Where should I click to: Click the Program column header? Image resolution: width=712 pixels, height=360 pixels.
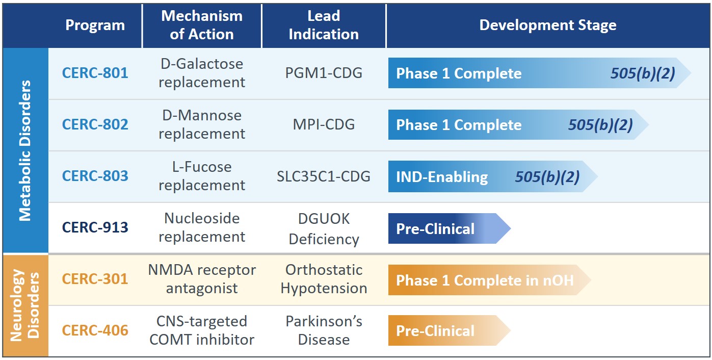point(95,25)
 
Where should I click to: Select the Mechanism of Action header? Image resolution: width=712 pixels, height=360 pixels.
point(202,25)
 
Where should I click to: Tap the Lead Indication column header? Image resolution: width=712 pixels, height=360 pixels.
point(324,25)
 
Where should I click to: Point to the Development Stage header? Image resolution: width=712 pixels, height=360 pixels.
point(548,25)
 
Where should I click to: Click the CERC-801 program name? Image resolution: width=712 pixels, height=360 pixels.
point(95,73)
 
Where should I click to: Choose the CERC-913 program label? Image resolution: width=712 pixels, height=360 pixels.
point(95,228)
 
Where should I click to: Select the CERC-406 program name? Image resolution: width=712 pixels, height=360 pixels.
point(95,330)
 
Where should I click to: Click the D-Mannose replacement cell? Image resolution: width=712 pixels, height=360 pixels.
point(202,124)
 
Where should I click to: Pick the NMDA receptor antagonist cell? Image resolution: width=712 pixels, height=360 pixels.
point(202,279)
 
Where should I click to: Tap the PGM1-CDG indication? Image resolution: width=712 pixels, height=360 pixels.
point(324,73)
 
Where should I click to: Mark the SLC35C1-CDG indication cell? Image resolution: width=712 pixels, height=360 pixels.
point(324,176)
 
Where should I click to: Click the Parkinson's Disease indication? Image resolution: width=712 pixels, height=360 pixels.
point(324,330)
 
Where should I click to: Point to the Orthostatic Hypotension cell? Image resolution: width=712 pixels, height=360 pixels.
point(324,279)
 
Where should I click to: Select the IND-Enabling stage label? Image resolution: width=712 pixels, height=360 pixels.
point(442,177)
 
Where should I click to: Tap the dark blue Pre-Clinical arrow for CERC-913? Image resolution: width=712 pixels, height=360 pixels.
point(449,228)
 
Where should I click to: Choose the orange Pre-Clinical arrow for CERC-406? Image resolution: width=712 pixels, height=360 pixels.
point(449,331)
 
